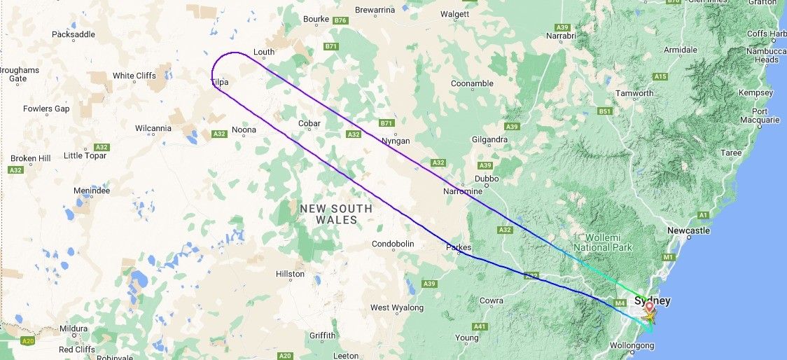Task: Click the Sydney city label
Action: point(652,301)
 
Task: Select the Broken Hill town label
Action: point(30,158)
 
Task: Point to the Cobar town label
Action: point(309,124)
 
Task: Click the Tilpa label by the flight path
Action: point(220,82)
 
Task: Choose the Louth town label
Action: point(264,53)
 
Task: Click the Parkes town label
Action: point(459,247)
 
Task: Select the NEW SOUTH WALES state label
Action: point(336,214)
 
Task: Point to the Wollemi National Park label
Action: point(603,242)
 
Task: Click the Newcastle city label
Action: point(689,230)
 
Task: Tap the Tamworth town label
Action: point(634,93)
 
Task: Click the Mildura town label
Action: point(74,328)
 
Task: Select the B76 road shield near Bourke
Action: point(341,21)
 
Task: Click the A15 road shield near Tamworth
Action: point(660,76)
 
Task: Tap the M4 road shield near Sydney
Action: point(619,303)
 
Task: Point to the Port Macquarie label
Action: point(765,116)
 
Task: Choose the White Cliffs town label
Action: point(134,76)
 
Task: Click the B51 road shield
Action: point(605,111)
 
